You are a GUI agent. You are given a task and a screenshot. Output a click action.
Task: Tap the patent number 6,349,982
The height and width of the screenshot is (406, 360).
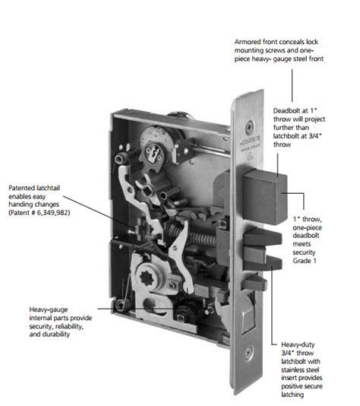(55, 213)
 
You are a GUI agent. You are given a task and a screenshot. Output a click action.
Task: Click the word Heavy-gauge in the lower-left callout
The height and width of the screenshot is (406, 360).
(49, 310)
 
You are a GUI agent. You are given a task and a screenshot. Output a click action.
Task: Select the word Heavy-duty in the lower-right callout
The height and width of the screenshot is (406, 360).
(298, 345)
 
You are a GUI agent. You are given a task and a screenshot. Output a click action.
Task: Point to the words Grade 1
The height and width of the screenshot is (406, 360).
(305, 261)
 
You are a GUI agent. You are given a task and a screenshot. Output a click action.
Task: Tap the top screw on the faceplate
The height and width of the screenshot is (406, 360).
(250, 126)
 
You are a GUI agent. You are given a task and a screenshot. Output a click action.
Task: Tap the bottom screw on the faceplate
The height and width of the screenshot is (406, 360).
(248, 352)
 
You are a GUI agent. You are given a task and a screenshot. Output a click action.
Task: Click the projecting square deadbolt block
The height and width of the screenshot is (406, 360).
(264, 196)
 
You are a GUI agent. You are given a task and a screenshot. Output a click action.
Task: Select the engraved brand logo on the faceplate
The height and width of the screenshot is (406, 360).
(250, 144)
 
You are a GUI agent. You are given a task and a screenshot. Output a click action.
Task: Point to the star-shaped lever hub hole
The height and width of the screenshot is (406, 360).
(148, 278)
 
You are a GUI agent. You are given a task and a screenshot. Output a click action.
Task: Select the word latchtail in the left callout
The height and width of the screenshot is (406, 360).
(49, 188)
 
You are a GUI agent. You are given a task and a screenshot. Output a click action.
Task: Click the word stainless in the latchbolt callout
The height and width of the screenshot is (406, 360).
(293, 370)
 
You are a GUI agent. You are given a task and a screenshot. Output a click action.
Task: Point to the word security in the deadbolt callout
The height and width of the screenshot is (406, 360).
(304, 252)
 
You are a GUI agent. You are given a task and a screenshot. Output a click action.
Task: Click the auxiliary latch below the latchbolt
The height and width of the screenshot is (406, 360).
(254, 283)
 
